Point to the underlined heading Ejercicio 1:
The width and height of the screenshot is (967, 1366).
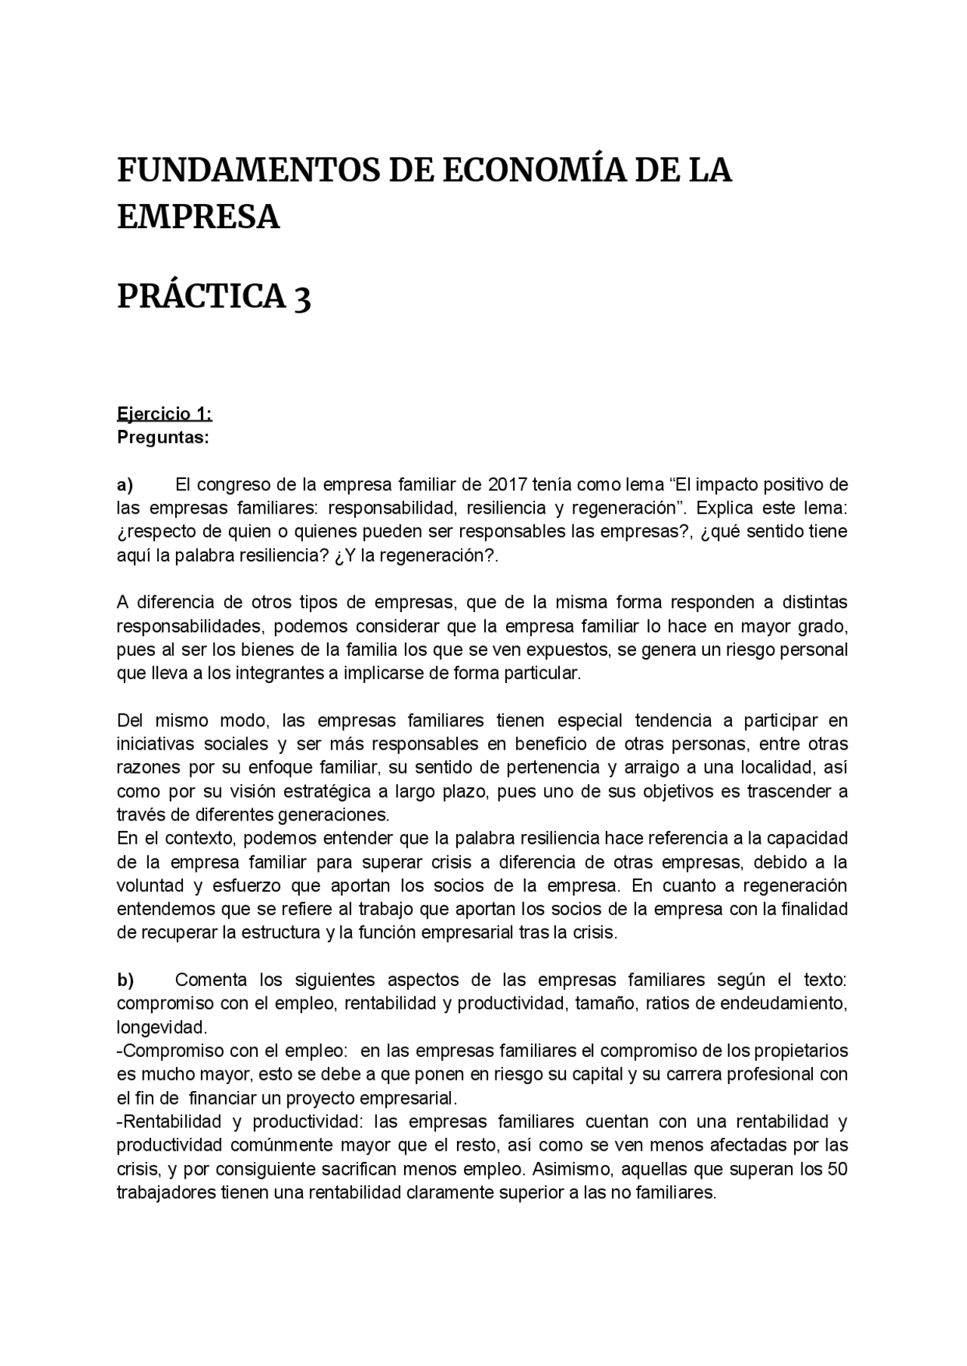point(164,414)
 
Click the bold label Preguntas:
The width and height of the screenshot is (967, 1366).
point(162,437)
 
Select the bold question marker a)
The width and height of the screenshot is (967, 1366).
point(125,484)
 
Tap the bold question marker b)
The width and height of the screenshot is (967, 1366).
point(125,980)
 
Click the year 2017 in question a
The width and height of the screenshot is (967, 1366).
point(509,484)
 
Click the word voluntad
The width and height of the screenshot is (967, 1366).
point(149,885)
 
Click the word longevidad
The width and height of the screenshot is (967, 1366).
point(161,1028)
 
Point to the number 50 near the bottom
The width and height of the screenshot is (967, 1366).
point(837,1169)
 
